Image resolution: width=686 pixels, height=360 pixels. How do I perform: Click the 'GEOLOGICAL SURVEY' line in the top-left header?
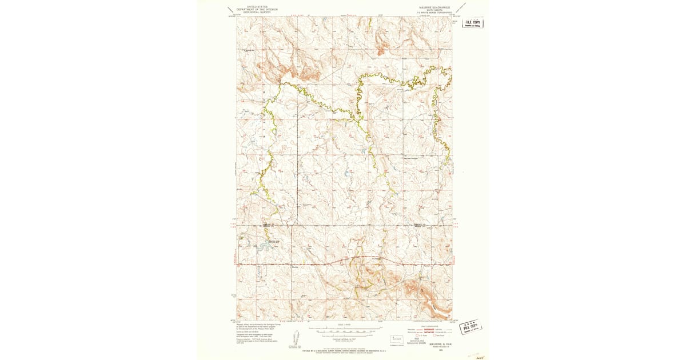click(253, 12)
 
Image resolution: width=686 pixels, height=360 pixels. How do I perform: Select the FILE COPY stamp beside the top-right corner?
click(473, 23)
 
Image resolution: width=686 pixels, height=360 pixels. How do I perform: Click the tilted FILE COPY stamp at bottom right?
click(470, 327)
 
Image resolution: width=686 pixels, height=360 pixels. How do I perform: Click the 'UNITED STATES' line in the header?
click(253, 6)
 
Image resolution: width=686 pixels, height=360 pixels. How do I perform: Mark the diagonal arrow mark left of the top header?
click(231, 10)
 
